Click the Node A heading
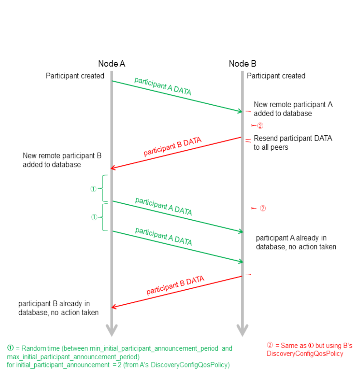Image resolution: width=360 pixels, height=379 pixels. pyautogui.click(x=111, y=64)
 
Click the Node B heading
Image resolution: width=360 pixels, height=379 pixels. pyautogui.click(x=242, y=64)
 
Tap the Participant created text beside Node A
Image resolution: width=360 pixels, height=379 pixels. pyautogui.click(x=75, y=76)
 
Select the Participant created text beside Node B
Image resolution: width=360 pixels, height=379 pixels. pyautogui.click(x=276, y=76)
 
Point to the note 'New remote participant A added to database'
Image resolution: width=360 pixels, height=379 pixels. pyautogui.click(x=293, y=109)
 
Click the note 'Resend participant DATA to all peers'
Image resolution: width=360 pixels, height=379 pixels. pyautogui.click(x=293, y=142)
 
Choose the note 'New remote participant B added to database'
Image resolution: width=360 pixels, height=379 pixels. pyautogui.click(x=62, y=160)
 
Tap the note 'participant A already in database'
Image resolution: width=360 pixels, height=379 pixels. pyautogui.click(x=296, y=242)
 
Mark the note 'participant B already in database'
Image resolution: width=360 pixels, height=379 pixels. pyautogui.click(x=58, y=308)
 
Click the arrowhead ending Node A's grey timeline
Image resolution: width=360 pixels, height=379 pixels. pyautogui.click(x=111, y=330)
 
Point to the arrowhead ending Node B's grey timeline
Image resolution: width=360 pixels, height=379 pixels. pyautogui.click(x=242, y=330)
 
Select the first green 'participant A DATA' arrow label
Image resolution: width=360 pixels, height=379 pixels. pyautogui.click(x=163, y=86)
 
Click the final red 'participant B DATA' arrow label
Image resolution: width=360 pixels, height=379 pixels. pyautogui.click(x=175, y=285)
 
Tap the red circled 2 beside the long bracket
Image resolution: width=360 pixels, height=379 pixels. pyautogui.click(x=263, y=208)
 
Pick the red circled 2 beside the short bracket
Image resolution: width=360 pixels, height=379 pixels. pyautogui.click(x=260, y=126)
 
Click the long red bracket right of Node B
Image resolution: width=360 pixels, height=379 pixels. pyautogui.click(x=251, y=208)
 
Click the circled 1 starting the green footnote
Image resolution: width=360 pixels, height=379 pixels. pyautogui.click(x=10, y=348)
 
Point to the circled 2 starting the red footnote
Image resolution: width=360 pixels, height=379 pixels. pyautogui.click(x=270, y=345)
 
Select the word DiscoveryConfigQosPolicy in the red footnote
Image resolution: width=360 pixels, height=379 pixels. pyautogui.click(x=305, y=354)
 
